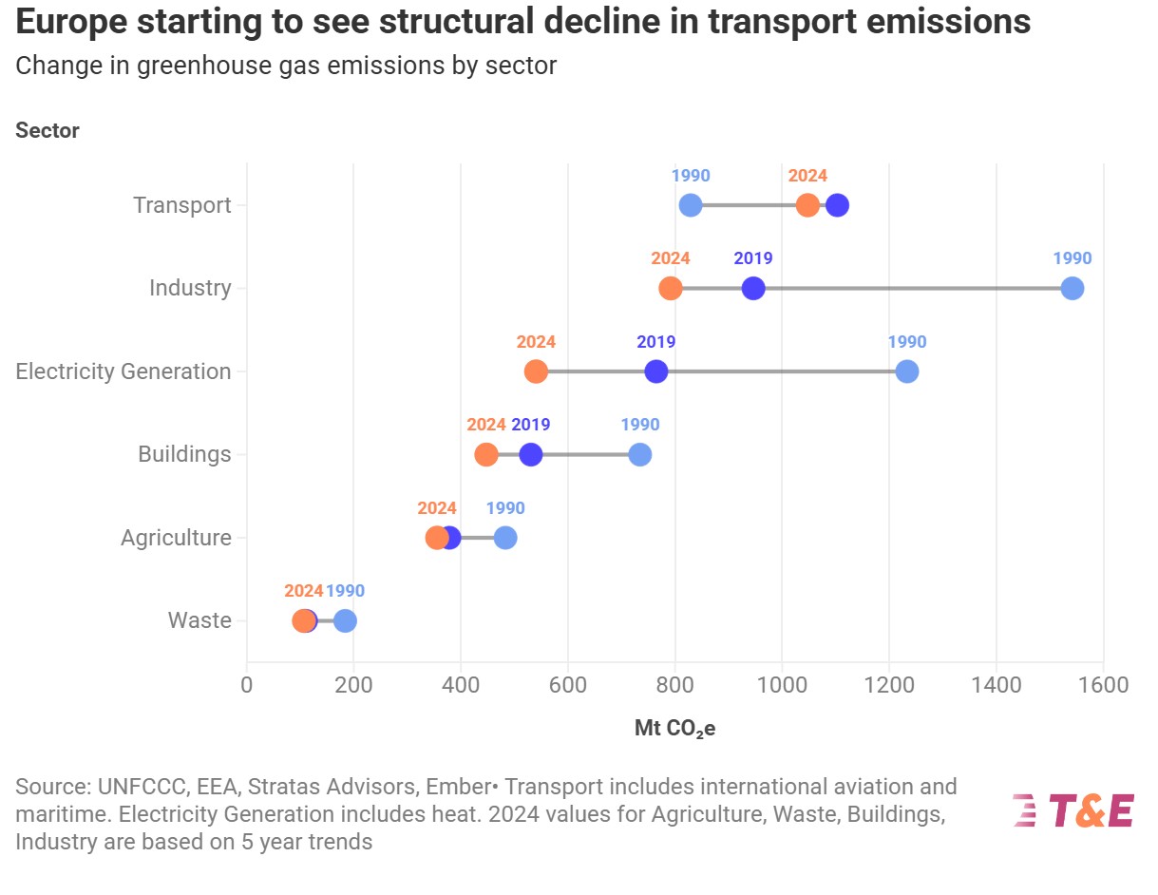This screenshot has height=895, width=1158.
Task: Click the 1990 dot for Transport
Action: pos(691,205)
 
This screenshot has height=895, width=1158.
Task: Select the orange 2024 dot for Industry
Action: pos(671,288)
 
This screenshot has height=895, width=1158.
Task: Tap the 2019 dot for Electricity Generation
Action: pos(655,371)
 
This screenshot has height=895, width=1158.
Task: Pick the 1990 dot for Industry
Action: pos(1072,288)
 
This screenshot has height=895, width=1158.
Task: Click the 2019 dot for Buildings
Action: pos(530,454)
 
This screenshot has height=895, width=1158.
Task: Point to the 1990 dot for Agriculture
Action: pos(505,538)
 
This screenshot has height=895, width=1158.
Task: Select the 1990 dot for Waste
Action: pos(345,620)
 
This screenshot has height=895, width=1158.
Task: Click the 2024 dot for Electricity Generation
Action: pos(536,371)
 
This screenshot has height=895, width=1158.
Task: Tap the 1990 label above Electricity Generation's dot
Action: pos(906,342)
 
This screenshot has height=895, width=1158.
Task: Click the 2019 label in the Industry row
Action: pos(752,258)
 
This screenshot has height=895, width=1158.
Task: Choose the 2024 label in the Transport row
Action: pos(807,176)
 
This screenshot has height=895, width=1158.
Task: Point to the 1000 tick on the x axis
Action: pos(782,685)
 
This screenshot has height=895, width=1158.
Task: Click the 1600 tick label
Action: pos(1103,685)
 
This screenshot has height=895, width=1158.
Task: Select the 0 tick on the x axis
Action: pos(247,685)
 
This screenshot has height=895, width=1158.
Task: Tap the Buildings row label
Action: pos(184,454)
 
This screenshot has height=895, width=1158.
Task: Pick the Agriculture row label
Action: pos(176,538)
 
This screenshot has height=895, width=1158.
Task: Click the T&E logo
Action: pos(1073,811)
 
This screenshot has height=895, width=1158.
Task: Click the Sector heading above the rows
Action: pos(47,130)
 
